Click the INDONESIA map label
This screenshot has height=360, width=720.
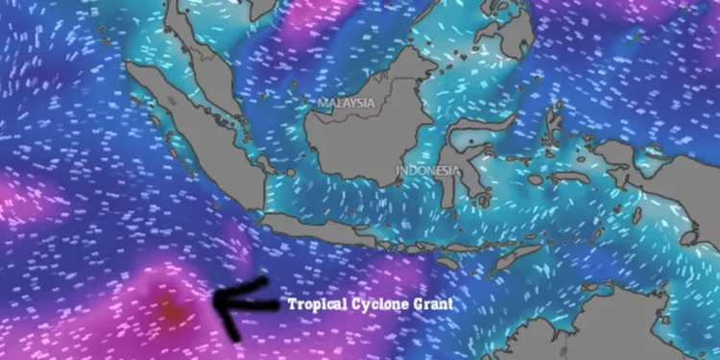click(428, 173)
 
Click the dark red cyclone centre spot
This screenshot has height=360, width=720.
click(168, 309)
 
